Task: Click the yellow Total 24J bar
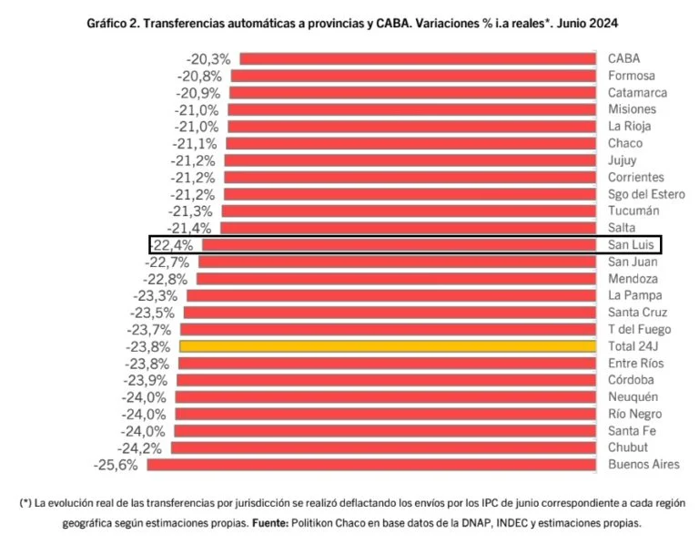point(388,346)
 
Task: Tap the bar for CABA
point(417,59)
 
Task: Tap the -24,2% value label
point(140,447)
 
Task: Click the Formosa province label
point(632,76)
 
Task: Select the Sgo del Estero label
point(646,194)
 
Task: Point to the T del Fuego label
point(640,329)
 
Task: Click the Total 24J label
point(635,346)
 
